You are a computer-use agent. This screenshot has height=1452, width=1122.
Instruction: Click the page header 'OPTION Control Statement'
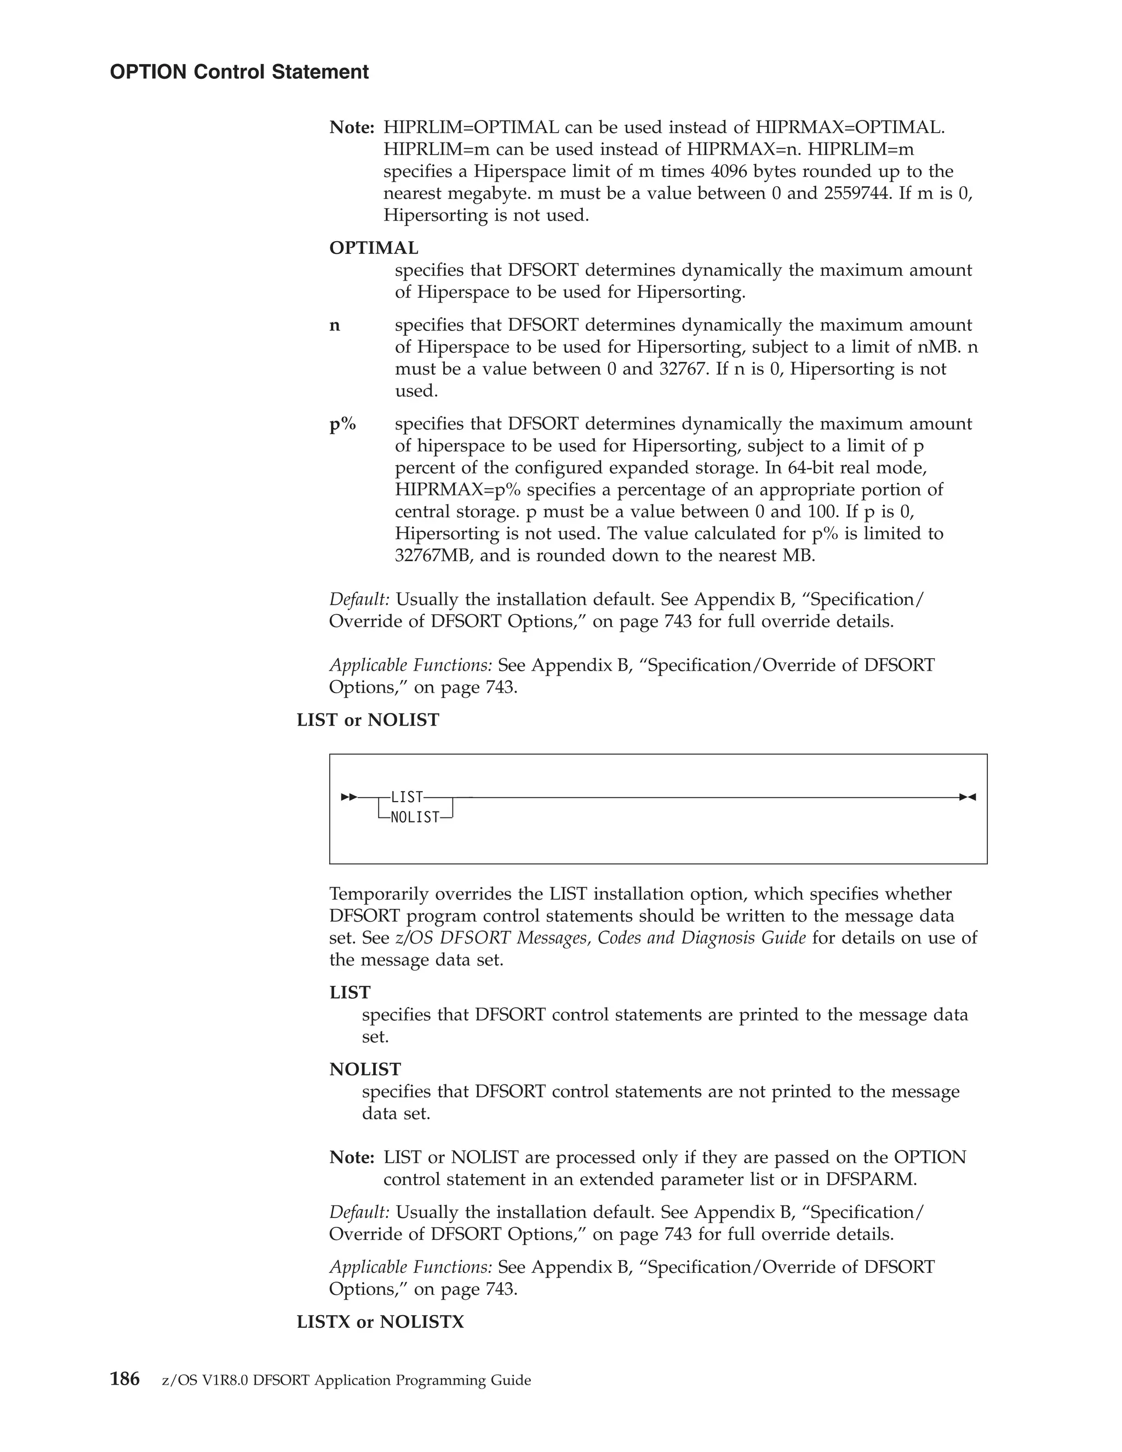(x=239, y=72)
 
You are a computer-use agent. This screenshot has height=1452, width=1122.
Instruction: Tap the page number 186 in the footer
(x=124, y=1379)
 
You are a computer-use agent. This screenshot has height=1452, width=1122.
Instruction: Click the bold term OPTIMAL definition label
(x=374, y=248)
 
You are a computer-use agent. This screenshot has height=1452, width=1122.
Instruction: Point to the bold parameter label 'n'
(x=335, y=325)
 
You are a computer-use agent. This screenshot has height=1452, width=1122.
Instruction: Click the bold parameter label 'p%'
(x=342, y=424)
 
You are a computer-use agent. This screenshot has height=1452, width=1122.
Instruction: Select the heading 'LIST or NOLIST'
(x=368, y=720)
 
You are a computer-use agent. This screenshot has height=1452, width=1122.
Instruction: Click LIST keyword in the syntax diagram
(x=407, y=797)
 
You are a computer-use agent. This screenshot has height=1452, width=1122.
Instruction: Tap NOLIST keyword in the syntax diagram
(x=415, y=818)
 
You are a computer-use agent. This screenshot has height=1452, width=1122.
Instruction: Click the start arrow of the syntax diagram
(x=349, y=797)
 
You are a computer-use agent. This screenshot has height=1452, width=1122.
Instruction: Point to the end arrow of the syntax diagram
(x=967, y=797)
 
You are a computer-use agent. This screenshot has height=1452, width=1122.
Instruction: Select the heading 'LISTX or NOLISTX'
(x=380, y=1322)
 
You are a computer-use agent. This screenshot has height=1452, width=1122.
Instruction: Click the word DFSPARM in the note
(x=871, y=1180)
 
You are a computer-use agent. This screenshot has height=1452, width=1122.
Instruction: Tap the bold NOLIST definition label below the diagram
(x=365, y=1069)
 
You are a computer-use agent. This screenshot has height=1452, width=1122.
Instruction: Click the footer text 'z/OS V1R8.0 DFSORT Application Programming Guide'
(x=346, y=1380)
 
